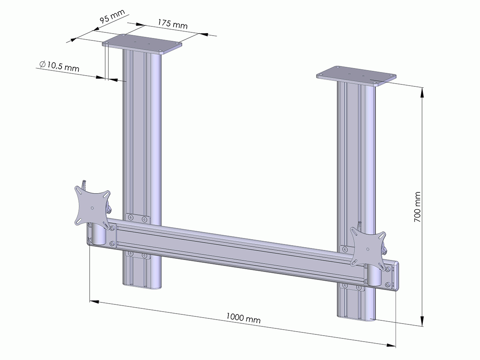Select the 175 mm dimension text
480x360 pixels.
172,24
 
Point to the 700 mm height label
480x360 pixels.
417,206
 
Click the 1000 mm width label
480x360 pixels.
243,318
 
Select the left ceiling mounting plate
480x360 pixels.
142,44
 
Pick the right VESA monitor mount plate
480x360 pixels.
367,247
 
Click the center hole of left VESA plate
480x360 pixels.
92,208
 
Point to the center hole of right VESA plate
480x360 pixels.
367,248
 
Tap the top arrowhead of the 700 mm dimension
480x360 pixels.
422,92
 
